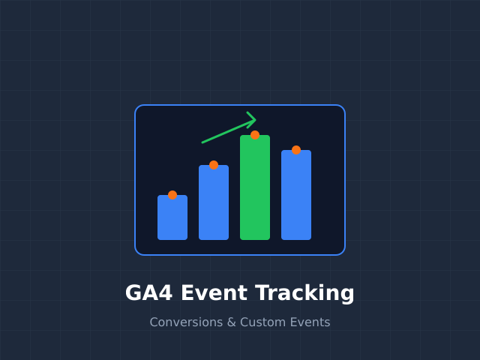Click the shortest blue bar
(x=172, y=219)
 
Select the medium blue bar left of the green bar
(x=214, y=204)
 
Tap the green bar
(x=255, y=189)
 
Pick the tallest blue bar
(x=296, y=196)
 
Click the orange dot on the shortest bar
(x=172, y=195)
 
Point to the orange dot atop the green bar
(x=255, y=135)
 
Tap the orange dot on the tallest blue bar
(x=296, y=150)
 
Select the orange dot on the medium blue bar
(x=214, y=165)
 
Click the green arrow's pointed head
(x=254, y=119)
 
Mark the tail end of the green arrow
(x=203, y=142)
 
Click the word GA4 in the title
(x=148, y=292)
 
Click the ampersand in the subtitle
(x=232, y=322)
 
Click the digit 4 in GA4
(x=165, y=292)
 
